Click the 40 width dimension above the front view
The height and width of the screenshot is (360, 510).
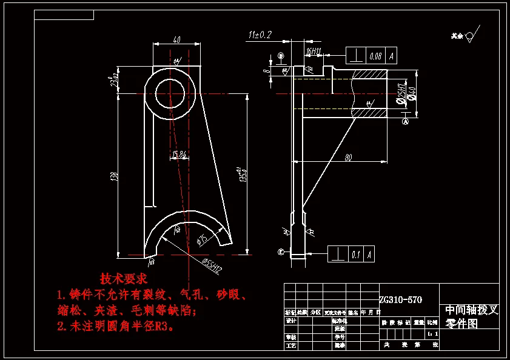(x=176, y=40)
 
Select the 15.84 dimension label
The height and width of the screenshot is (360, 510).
(x=179, y=155)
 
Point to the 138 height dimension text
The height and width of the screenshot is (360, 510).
(x=113, y=176)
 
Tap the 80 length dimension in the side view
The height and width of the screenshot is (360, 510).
(x=348, y=158)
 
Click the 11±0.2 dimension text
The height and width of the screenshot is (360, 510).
(x=260, y=35)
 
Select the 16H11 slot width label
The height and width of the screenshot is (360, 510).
(x=314, y=52)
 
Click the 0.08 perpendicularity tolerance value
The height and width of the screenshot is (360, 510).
(x=375, y=56)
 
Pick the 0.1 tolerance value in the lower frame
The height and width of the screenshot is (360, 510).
(x=355, y=255)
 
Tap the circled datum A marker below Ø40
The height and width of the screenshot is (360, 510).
(x=406, y=121)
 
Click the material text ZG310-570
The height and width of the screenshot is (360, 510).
(x=400, y=299)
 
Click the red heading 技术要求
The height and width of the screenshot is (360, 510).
(x=123, y=279)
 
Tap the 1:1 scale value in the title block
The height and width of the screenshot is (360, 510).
(x=431, y=333)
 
